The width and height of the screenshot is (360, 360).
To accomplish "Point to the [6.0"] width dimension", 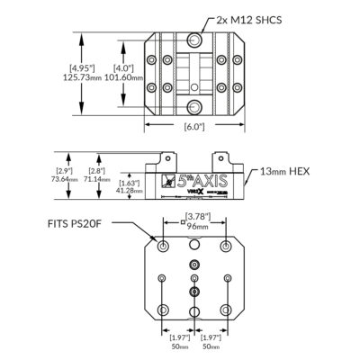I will [x=193, y=127].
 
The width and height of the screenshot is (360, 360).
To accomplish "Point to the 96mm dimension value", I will [x=194, y=227].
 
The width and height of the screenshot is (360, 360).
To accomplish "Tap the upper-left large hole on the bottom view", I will [x=162, y=246].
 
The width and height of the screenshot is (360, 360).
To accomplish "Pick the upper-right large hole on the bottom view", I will [x=226, y=246].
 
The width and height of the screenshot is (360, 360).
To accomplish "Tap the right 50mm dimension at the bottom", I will [x=211, y=345].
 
